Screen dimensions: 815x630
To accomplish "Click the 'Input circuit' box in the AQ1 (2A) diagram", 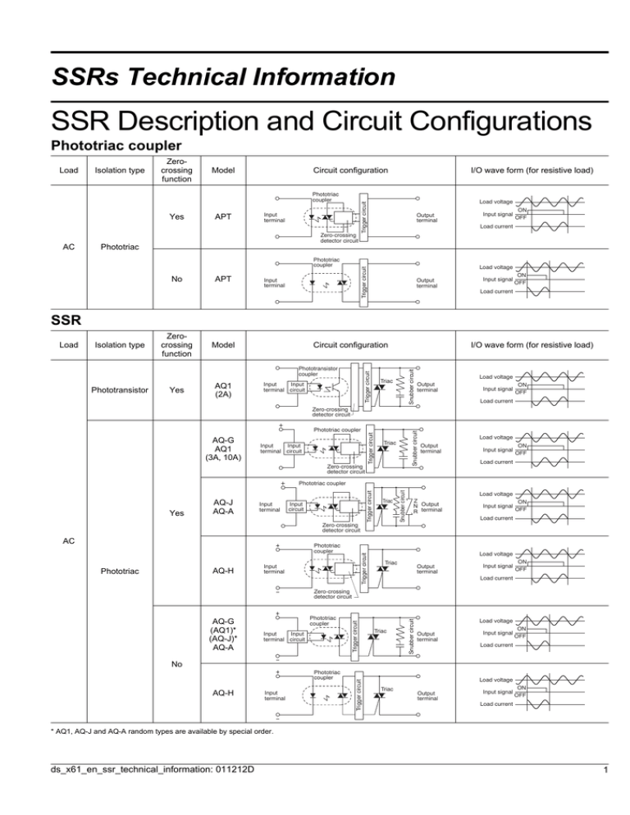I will [x=298, y=386].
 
